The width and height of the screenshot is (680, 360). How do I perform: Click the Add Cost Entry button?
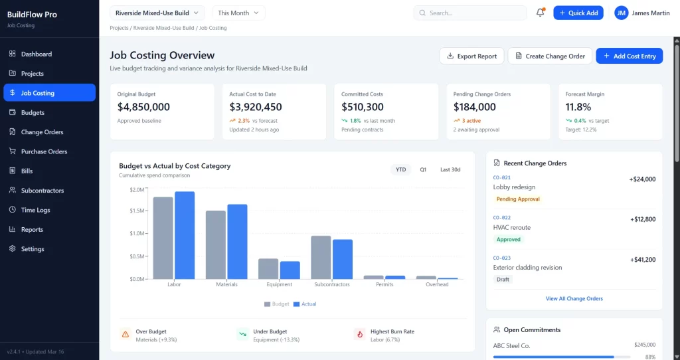(x=629, y=56)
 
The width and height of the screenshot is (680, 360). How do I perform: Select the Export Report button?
(x=471, y=56)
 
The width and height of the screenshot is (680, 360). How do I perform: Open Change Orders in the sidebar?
(x=42, y=132)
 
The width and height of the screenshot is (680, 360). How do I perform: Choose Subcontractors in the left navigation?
(x=42, y=191)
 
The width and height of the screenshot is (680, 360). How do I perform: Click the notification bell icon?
(x=540, y=13)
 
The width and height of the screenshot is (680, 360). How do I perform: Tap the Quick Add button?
(x=578, y=13)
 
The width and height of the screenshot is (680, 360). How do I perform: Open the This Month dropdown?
(x=238, y=13)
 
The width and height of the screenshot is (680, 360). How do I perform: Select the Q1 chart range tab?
(x=423, y=169)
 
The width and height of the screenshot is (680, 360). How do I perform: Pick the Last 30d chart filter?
(x=450, y=169)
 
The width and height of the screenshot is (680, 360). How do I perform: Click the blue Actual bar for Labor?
(x=185, y=235)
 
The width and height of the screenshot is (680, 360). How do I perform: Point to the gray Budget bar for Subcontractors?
(x=321, y=257)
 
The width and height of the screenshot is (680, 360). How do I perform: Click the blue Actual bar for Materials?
(x=237, y=241)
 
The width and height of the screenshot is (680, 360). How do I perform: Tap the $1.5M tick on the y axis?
(x=137, y=211)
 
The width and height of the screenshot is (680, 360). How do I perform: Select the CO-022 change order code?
(x=501, y=217)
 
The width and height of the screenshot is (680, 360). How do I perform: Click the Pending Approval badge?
(x=518, y=199)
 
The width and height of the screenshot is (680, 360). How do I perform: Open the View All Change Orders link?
(x=574, y=299)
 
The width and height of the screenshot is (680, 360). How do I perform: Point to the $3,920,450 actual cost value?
(x=256, y=107)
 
